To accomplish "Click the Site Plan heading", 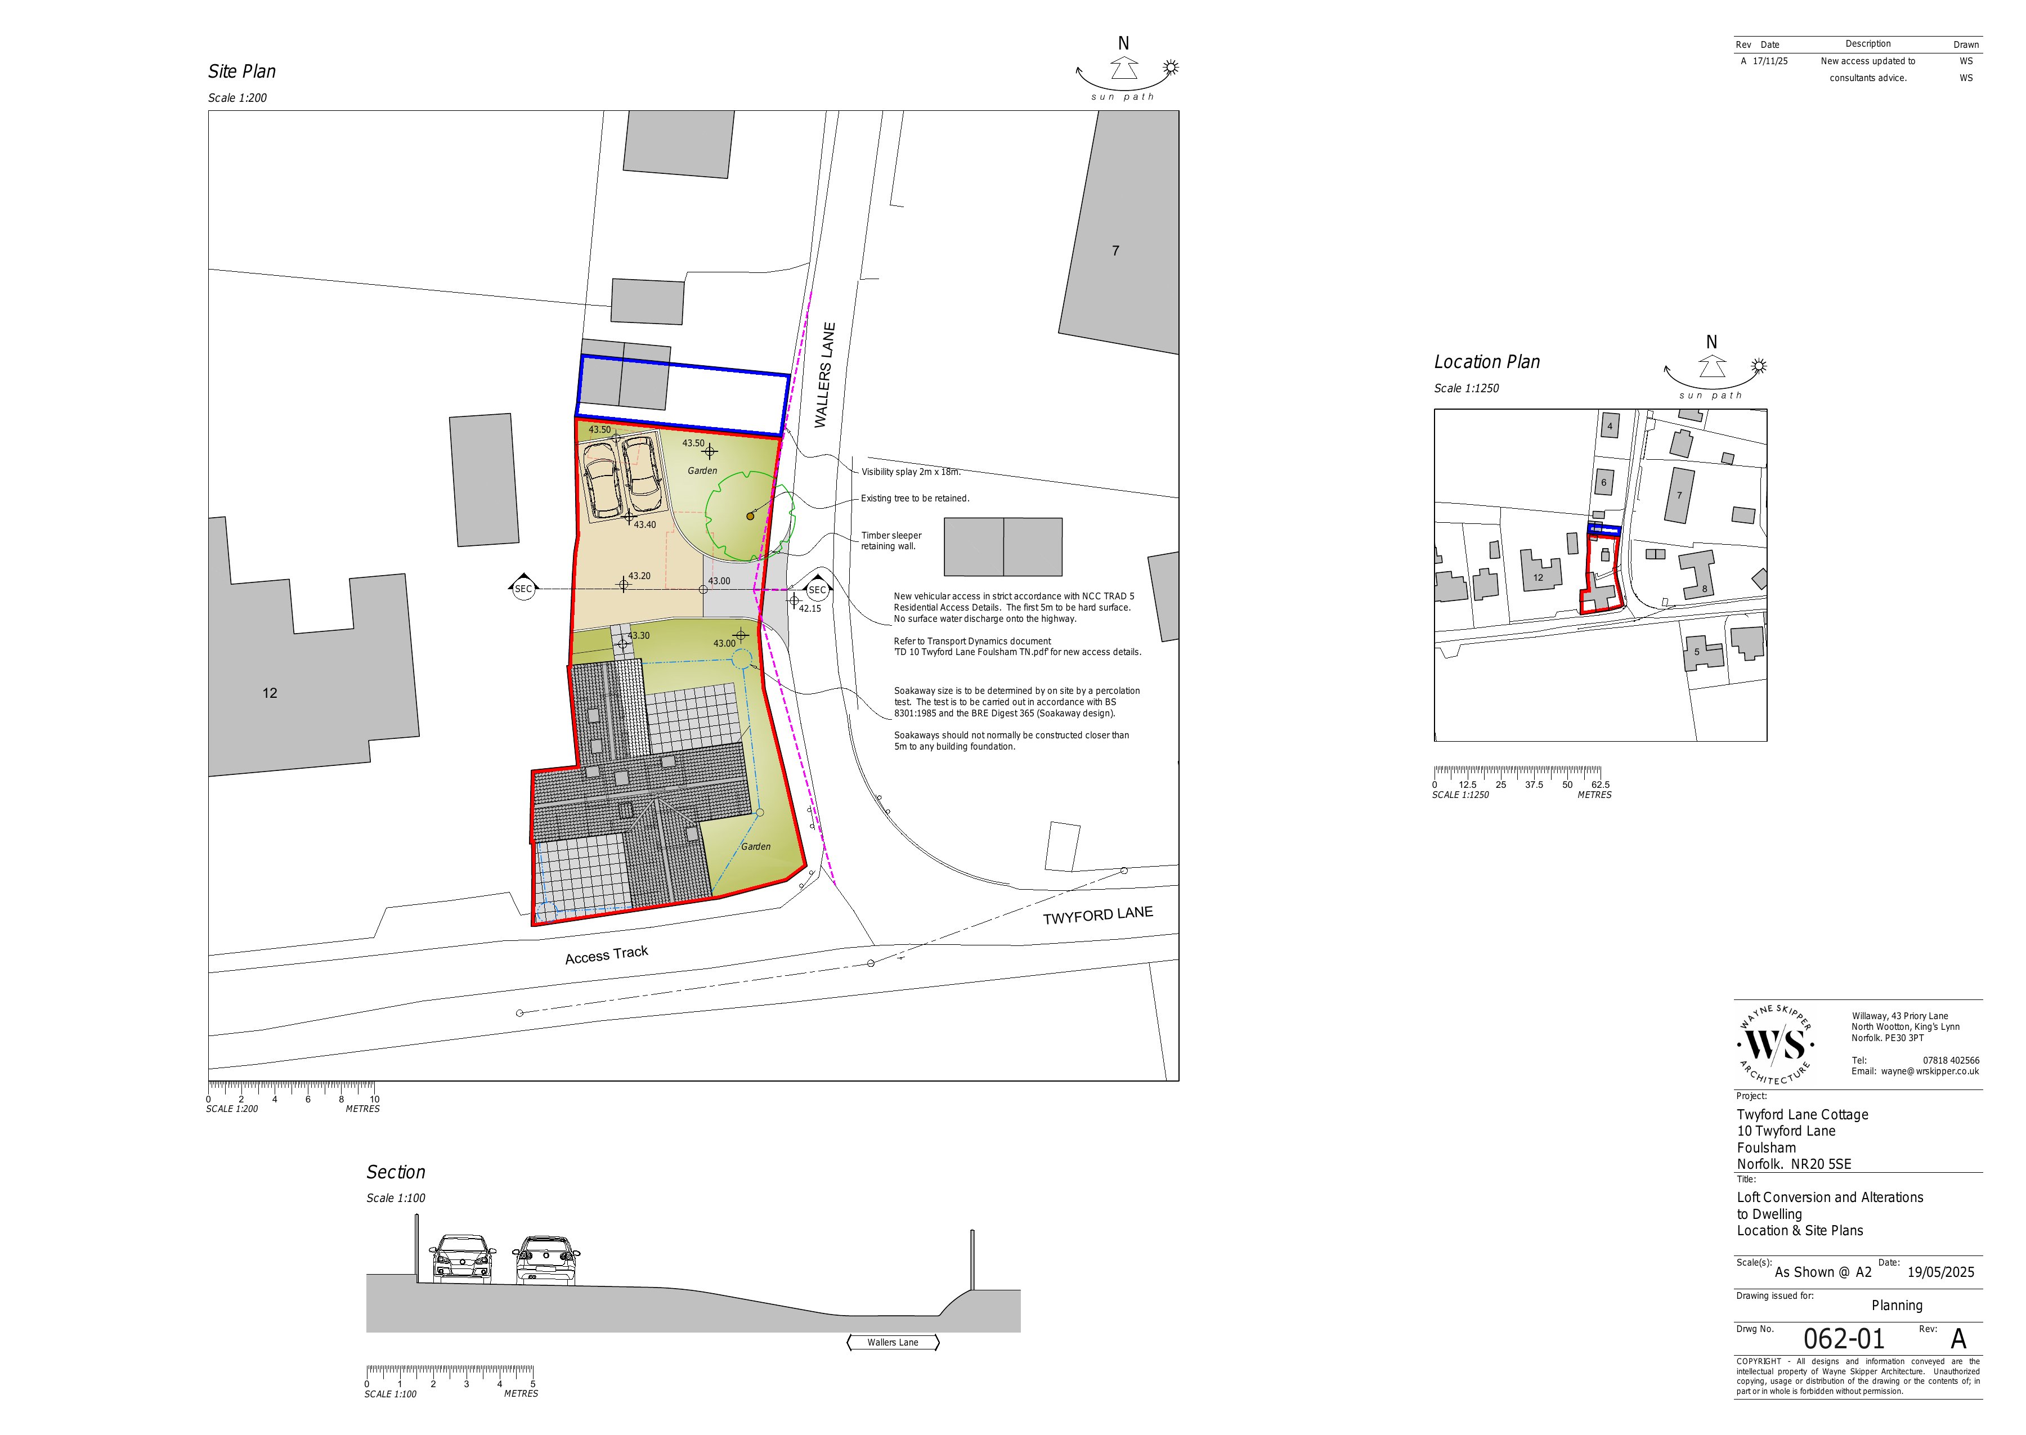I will coord(242,71).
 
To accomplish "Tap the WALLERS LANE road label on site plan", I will coord(824,375).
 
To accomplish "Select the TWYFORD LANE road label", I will coord(1097,916).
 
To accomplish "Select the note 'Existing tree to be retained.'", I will coord(915,499).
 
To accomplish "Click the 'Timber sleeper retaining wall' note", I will coord(891,541).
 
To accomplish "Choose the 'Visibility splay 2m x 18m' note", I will coord(910,472).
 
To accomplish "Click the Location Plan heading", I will coord(1486,362).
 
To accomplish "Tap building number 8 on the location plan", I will coord(1705,589).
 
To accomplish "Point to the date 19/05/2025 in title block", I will coord(1940,1272).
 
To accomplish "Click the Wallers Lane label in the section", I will coord(893,1342).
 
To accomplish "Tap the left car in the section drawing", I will coord(461,1258).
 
